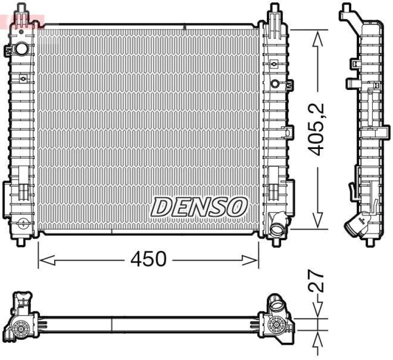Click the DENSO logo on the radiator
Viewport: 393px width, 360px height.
tap(198, 207)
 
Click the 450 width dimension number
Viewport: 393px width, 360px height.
tap(149, 259)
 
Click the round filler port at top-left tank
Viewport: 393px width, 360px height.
tap(22, 49)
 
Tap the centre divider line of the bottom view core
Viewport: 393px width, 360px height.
tap(112, 324)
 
